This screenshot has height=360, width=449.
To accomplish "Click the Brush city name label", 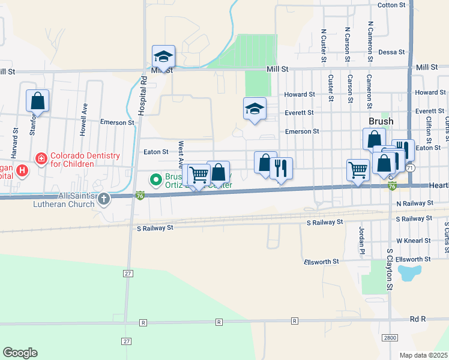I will tap(381, 121).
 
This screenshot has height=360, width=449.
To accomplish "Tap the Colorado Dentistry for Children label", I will tap(84, 160).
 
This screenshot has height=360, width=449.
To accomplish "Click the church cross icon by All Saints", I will tap(104, 199).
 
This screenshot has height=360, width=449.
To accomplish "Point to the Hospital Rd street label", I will tap(142, 96).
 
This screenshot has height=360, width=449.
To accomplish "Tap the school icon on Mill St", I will tap(163, 57).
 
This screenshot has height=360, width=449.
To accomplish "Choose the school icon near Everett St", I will tap(255, 109).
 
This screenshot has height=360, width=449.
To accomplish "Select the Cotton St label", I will tap(391, 5).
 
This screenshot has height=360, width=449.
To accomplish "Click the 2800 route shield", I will tap(390, 338).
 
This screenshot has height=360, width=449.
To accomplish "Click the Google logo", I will tap(20, 353).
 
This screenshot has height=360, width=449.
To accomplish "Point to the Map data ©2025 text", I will tap(424, 355).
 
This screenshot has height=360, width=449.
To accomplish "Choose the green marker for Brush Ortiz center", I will tap(155, 179).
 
